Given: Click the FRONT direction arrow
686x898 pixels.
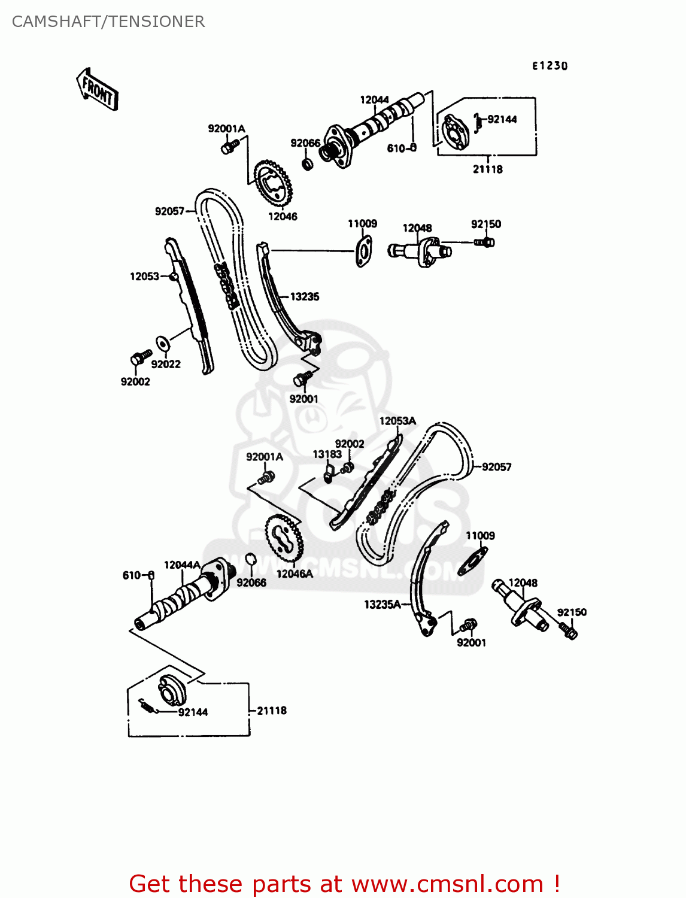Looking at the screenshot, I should coord(97,89).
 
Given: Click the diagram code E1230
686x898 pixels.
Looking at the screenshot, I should coord(550,66).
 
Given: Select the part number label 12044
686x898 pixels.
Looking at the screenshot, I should coord(374,100).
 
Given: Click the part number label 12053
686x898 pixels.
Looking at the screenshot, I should coord(144,276).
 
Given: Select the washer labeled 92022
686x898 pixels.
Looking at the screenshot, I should coord(161,344).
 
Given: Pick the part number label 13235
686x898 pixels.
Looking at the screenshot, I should coord(305,296).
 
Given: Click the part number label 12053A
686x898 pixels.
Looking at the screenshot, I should coord(397,421).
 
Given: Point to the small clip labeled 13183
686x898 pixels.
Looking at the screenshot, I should coord(327,475).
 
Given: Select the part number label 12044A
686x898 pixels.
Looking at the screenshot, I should coord(182,565).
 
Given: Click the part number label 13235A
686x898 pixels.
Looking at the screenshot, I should coord(383,605).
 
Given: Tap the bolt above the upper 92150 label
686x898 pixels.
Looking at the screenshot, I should coord(485,242).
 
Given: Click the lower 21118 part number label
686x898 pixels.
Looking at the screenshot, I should coord(272,711).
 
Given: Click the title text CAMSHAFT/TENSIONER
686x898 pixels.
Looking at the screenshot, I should coord(108,22).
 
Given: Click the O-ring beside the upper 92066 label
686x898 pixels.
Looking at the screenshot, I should coord(308,163).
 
